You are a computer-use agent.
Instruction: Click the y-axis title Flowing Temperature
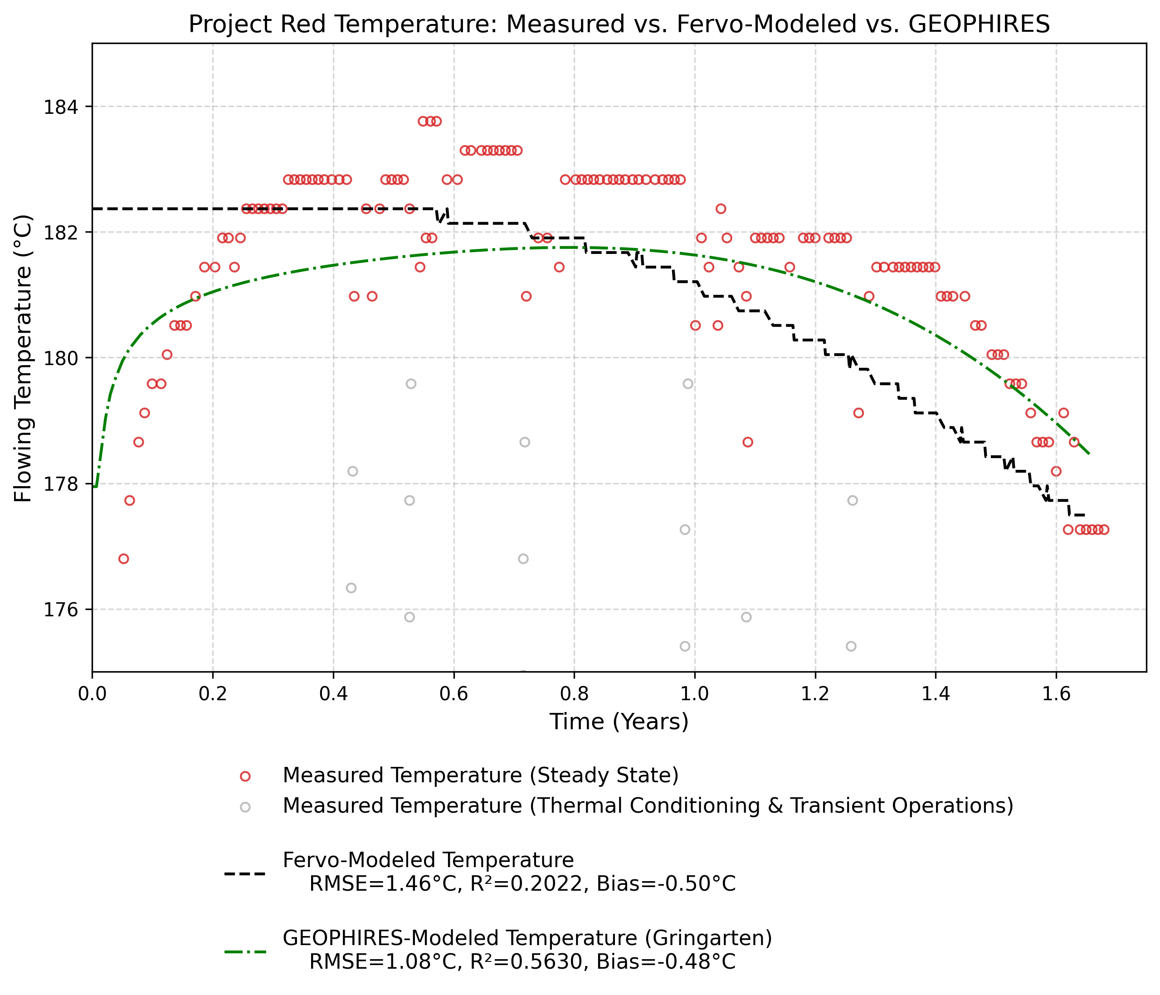(x=24, y=358)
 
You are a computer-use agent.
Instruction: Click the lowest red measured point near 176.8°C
(x=124, y=559)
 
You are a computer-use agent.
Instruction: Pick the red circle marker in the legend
(x=245, y=776)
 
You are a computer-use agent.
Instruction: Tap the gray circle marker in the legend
(x=245, y=807)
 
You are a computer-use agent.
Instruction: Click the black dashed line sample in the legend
(x=245, y=873)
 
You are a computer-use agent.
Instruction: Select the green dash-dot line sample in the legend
(x=245, y=951)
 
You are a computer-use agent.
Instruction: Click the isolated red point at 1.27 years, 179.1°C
(x=858, y=413)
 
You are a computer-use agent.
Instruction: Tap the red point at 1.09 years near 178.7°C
(x=747, y=442)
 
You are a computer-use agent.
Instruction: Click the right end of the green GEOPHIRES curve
(x=1088, y=453)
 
